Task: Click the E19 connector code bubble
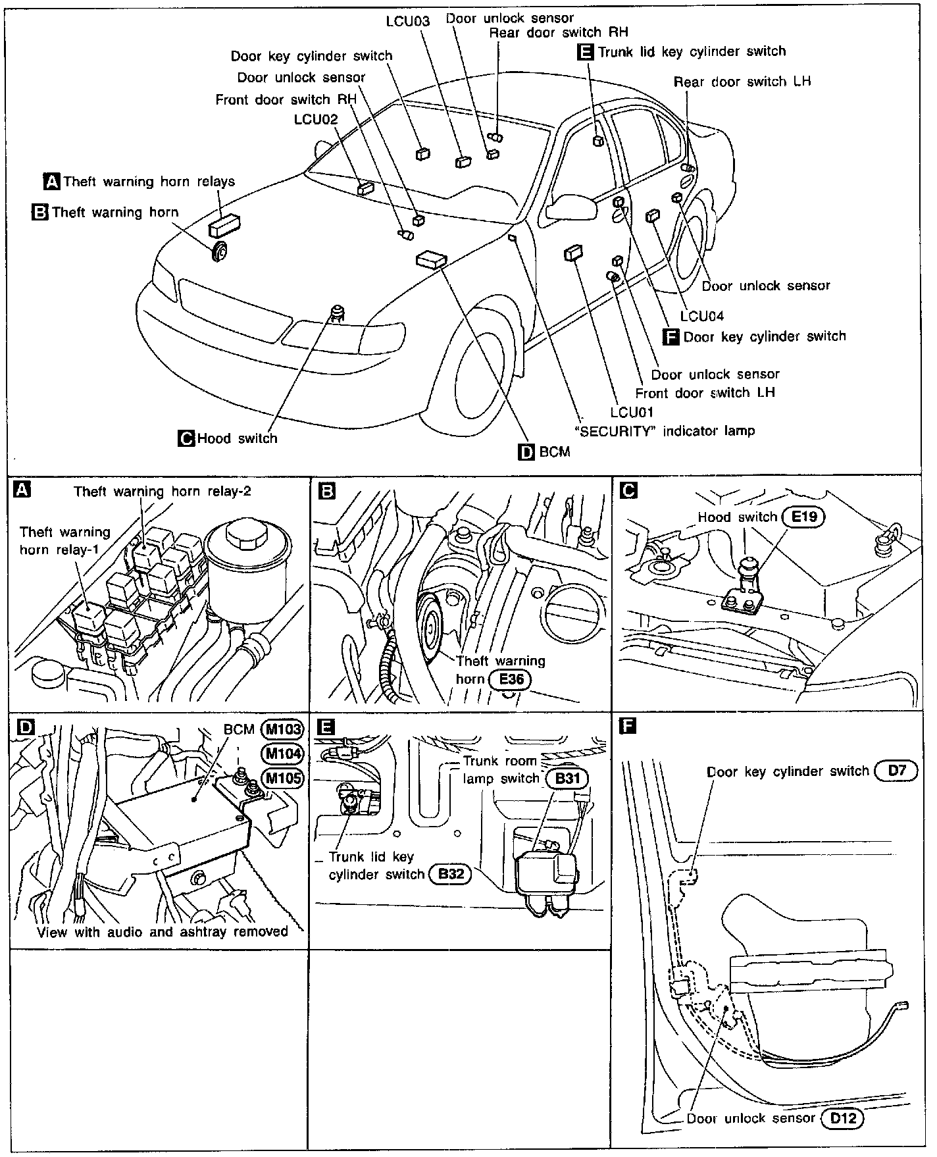click(x=803, y=517)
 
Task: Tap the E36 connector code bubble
click(x=510, y=679)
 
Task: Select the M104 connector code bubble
click(x=282, y=754)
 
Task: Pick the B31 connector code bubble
click(x=567, y=779)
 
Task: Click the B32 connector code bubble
click(x=450, y=875)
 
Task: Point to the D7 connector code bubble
click(x=896, y=771)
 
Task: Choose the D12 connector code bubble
click(x=842, y=1118)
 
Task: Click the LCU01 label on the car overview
click(x=632, y=412)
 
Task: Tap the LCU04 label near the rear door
click(x=702, y=316)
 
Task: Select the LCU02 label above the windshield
click(x=316, y=119)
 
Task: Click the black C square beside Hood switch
click(x=187, y=438)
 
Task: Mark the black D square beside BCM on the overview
click(x=526, y=452)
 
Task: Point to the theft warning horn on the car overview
click(x=219, y=251)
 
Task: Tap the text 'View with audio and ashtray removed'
click(x=163, y=931)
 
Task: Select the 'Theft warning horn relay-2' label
click(x=163, y=491)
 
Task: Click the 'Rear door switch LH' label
click(x=742, y=82)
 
